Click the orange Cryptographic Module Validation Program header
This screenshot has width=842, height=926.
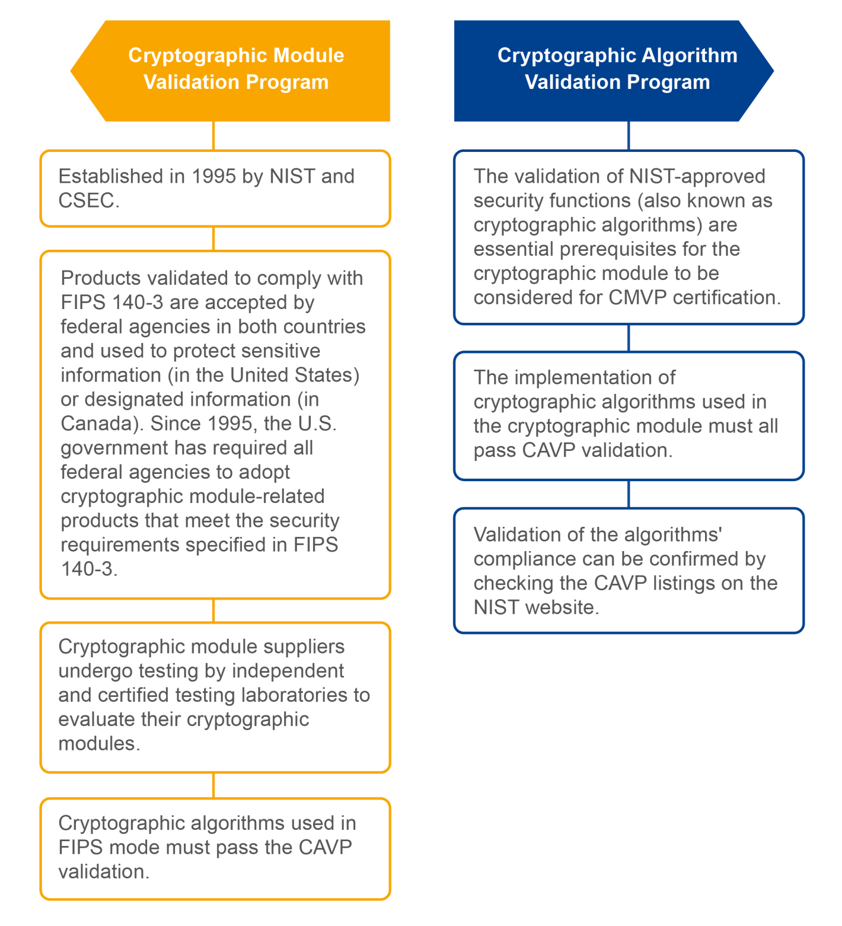point(235,70)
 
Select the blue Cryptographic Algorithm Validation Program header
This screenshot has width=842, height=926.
point(617,70)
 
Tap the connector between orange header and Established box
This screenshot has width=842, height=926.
point(213,136)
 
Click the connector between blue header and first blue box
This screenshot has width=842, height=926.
point(629,136)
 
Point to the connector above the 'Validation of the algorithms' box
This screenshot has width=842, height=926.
point(629,494)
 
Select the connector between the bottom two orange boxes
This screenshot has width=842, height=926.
point(213,785)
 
